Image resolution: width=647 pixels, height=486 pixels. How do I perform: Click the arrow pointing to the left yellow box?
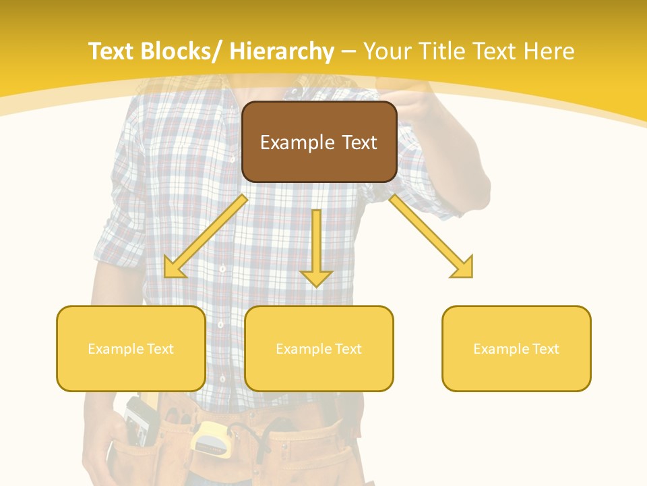(x=206, y=236)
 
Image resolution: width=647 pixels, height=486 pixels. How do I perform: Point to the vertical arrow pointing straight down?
(x=316, y=246)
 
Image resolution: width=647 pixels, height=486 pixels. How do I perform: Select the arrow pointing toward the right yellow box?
(x=431, y=236)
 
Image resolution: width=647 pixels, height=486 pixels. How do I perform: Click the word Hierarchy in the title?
(x=281, y=51)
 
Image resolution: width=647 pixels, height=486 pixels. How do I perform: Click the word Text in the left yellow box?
(x=161, y=349)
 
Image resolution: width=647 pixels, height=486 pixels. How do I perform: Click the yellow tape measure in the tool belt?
(x=210, y=438)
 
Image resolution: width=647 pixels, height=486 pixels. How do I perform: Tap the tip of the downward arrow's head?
(x=316, y=287)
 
